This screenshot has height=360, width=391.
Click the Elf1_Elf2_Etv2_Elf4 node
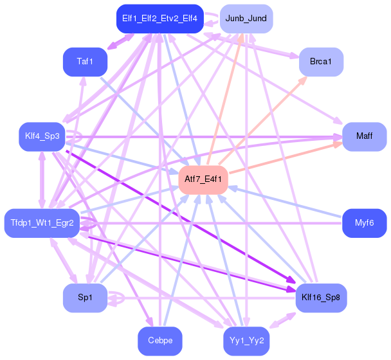pos(159,19)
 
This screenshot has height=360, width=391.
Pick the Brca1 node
pos(321,62)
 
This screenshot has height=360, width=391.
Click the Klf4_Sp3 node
pos(42,136)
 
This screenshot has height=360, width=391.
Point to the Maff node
pos(364,136)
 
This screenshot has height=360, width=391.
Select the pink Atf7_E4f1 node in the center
pos(203,179)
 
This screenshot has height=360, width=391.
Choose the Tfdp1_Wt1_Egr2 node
pos(42,223)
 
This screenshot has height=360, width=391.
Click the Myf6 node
pos(364,223)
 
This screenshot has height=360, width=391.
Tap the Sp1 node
pos(85,298)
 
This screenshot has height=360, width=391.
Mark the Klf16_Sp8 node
pos(321,298)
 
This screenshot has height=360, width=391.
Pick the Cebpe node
pos(159,341)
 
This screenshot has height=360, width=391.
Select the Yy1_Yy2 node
pos(246,341)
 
